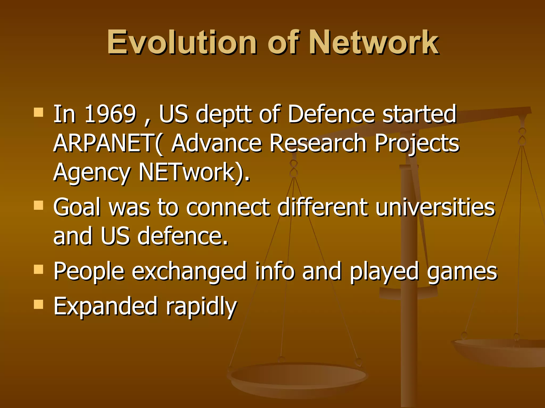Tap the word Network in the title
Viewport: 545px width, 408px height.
click(374, 42)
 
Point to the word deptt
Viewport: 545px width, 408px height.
click(224, 115)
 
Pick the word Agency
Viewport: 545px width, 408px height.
click(92, 173)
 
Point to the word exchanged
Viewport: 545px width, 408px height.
click(189, 271)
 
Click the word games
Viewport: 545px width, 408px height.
click(462, 271)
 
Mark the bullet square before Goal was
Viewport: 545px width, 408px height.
click(39, 205)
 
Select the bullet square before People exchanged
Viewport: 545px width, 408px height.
click(39, 269)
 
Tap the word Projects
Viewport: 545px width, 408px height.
click(417, 143)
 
